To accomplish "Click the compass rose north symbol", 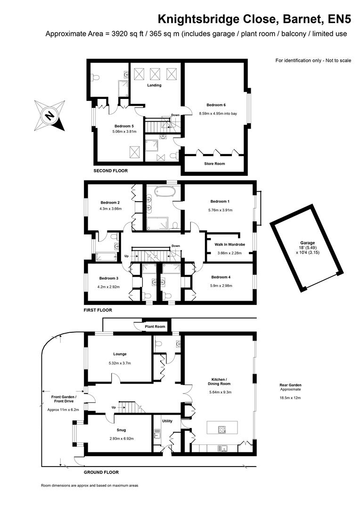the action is (x=49, y=115).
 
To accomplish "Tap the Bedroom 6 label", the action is (x=216, y=105).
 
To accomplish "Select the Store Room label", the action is (x=214, y=164).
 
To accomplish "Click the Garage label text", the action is (x=307, y=243).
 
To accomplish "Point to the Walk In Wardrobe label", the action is (x=229, y=245).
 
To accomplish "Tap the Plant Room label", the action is (x=155, y=327).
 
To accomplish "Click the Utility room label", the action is (x=167, y=421).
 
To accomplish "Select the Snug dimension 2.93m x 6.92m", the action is (x=122, y=439).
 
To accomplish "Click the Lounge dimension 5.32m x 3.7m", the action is (x=120, y=363).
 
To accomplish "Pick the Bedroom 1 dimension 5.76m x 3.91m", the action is (x=221, y=210).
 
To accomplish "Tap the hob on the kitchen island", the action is (x=222, y=429).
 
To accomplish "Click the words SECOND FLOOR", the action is (x=111, y=171).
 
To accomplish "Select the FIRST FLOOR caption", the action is (x=98, y=310).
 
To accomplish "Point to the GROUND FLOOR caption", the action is (x=101, y=472).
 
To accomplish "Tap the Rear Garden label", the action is (x=290, y=385).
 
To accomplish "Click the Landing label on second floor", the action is (x=154, y=85).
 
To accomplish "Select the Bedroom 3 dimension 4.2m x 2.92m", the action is (x=108, y=287).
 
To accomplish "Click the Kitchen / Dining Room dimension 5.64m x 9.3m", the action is (x=221, y=392).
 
